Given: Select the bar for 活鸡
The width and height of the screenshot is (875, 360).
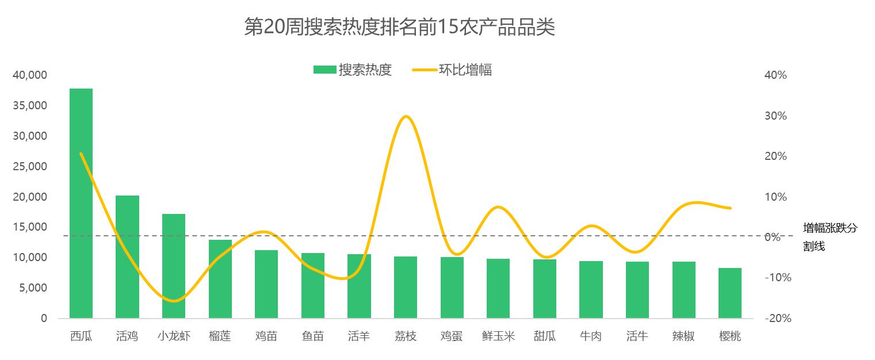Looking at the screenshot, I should point(127,256).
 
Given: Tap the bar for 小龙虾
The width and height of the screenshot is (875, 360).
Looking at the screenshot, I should point(174,266).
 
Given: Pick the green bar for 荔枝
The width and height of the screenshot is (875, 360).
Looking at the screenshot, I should point(406,287).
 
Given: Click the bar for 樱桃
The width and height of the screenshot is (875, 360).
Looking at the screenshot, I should point(730,293).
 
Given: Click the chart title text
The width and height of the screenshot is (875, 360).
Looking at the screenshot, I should point(399,27).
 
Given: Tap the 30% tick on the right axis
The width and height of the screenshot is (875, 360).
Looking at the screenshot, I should point(775,116).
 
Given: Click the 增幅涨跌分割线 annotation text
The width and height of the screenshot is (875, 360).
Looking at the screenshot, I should point(830,237).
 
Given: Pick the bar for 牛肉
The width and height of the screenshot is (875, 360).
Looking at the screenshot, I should point(591,289).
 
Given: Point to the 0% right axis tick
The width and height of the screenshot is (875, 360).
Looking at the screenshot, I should point(775,237).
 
